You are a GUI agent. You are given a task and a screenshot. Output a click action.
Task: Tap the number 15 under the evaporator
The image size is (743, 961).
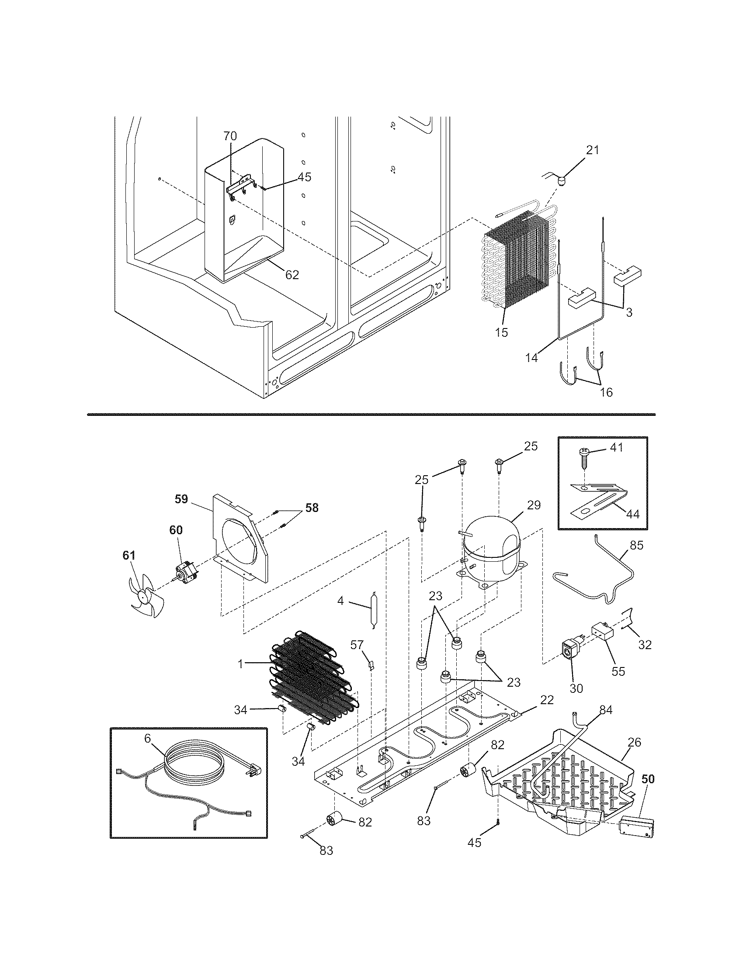pyautogui.click(x=501, y=332)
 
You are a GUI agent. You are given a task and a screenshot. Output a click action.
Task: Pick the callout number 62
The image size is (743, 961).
pyautogui.click(x=292, y=275)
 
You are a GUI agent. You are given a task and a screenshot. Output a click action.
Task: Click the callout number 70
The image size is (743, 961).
pyautogui.click(x=229, y=136)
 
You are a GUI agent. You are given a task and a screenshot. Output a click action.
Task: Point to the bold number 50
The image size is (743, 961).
pyautogui.click(x=647, y=779)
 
